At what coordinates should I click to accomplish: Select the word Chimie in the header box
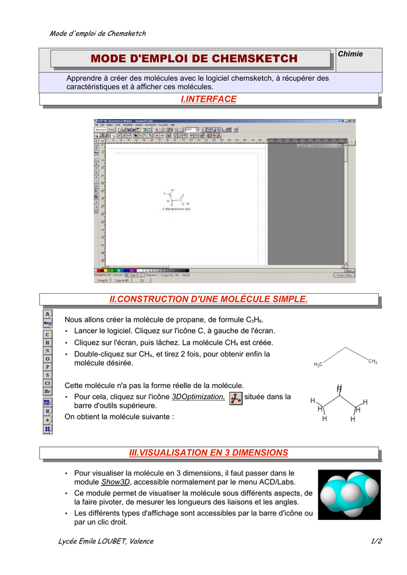click(350, 54)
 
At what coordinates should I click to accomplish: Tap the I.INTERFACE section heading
click(209, 99)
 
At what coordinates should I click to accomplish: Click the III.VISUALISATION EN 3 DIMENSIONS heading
click(209, 452)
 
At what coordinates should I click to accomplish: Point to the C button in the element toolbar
click(47, 334)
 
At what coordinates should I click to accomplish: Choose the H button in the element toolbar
click(47, 342)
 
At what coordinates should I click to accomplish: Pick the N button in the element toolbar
click(47, 350)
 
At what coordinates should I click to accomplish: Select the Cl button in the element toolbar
click(47, 383)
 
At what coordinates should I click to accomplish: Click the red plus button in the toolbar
click(47, 419)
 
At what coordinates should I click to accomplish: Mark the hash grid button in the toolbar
click(47, 428)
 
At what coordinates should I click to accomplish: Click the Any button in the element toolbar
click(47, 323)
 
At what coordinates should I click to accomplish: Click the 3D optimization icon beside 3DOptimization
click(237, 398)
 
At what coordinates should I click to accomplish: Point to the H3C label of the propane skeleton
click(318, 365)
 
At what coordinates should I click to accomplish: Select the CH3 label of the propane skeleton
click(373, 362)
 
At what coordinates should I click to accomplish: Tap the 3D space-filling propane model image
click(349, 495)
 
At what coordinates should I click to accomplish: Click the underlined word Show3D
click(115, 482)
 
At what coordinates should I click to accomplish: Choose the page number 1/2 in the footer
click(376, 541)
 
